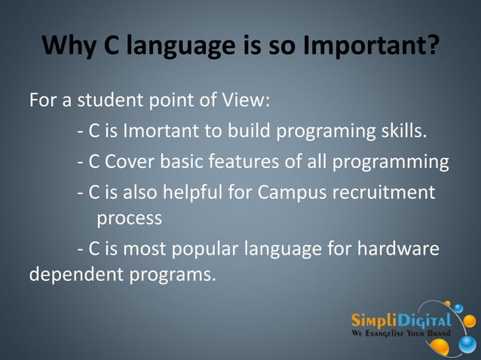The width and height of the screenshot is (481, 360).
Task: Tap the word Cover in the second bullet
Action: [x=130, y=162]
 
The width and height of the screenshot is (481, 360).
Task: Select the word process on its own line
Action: [x=129, y=219]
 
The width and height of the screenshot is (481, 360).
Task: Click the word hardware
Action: [x=400, y=247]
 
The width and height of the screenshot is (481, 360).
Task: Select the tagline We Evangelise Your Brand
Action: [x=400, y=333]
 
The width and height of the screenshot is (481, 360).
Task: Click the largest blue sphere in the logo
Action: [x=467, y=343]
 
